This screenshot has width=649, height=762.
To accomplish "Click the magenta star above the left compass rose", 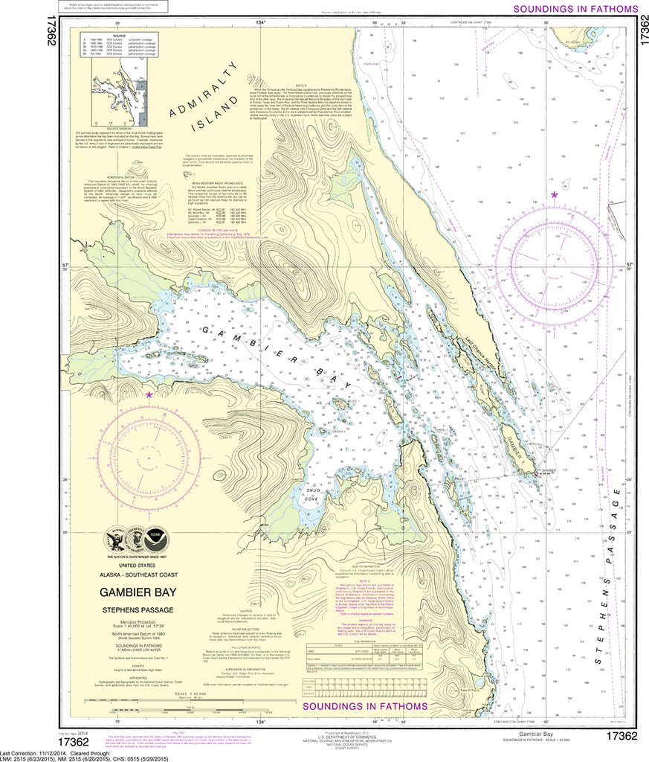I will coord(149,395).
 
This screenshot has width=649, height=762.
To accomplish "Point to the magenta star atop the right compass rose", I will coord(554,195).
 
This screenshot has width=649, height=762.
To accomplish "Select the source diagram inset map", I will coord(117,88).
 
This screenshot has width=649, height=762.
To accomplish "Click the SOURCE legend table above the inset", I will coord(117,43).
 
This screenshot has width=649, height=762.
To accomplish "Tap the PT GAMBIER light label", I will coord(547,471).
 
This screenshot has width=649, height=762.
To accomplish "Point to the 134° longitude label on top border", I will coord(260,23).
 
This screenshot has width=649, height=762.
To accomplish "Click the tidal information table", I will coord(364,630).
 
